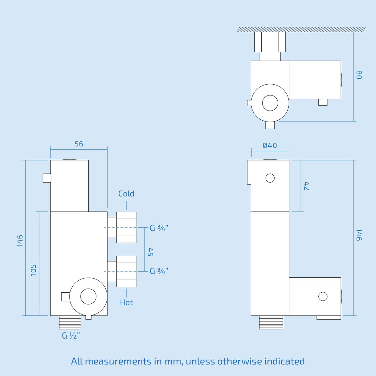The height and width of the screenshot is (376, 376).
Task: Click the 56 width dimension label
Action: (79, 144)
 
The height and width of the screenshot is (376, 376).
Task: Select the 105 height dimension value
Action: (34, 270)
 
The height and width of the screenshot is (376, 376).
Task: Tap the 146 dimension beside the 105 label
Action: (20, 241)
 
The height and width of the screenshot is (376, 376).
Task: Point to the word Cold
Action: (126, 194)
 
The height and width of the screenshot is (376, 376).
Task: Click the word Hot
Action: (126, 302)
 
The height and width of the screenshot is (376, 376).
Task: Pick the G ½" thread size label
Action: (71, 336)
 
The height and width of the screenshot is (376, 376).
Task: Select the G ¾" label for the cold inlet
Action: (159, 228)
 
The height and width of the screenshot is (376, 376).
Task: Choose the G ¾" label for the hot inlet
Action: (159, 271)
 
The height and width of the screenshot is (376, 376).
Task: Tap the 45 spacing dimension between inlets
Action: (150, 252)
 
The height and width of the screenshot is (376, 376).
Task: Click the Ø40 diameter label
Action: (270, 145)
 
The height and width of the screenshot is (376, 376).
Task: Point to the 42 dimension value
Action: (306, 186)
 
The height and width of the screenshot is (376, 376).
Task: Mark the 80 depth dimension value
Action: (359, 75)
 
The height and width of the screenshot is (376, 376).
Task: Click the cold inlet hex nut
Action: (126, 227)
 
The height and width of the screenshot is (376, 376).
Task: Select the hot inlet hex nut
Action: (126, 271)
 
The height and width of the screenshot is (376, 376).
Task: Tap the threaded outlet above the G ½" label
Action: (70, 322)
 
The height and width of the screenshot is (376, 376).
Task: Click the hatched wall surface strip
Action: (301, 29)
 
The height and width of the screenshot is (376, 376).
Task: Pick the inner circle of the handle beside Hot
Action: (88, 296)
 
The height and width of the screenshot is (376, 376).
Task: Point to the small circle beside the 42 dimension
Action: (270, 178)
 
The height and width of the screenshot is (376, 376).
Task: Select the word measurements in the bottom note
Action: (118, 361)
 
